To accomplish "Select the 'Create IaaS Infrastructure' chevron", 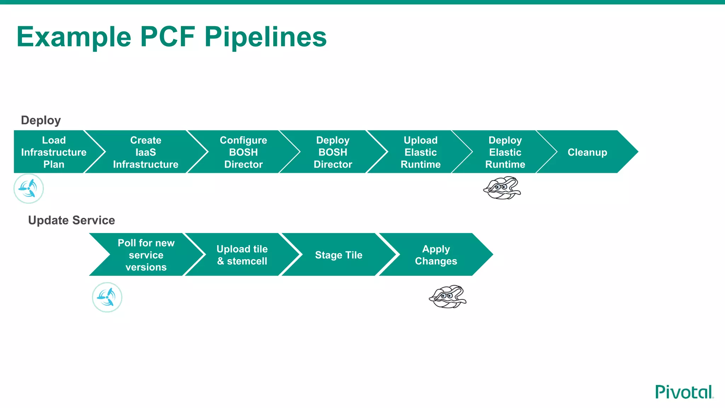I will point(145,152).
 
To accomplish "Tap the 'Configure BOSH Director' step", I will point(244,152).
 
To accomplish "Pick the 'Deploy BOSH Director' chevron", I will point(333,152).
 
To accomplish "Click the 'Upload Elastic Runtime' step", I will point(421,152).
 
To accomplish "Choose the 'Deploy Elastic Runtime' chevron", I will point(505,152).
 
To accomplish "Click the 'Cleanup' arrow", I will point(587,152).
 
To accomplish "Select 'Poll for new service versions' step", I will point(146,255).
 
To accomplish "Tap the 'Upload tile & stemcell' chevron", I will point(242,255).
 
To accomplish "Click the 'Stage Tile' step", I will point(339,255).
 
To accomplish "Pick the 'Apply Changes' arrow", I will point(436,255).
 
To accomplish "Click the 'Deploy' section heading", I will point(41,120).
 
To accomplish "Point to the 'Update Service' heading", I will point(71,220).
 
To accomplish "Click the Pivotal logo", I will point(684,392).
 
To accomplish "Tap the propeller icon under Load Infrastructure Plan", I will point(28,188).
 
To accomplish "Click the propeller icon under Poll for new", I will point(107,297).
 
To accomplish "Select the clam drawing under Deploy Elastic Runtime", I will point(502,188).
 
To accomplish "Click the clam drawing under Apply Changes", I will point(447,297).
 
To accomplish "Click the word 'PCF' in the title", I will point(167,36).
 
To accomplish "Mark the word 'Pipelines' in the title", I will point(266,36).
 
